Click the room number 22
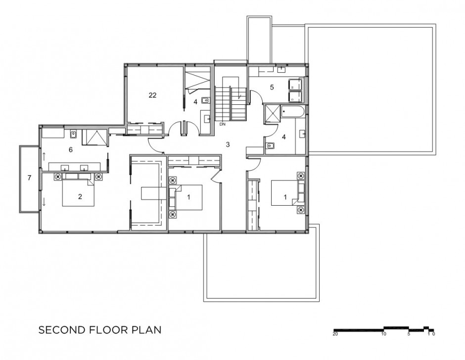152,95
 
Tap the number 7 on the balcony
29,178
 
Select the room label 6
71,150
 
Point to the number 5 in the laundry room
272,87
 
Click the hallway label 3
228,145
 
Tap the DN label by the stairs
223,124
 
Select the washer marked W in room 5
295,85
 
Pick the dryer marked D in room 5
295,96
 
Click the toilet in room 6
73,135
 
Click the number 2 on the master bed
80,197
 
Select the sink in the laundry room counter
281,70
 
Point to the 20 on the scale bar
335,334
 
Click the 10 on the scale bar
384,334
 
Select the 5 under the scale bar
409,334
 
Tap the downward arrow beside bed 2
44,202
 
